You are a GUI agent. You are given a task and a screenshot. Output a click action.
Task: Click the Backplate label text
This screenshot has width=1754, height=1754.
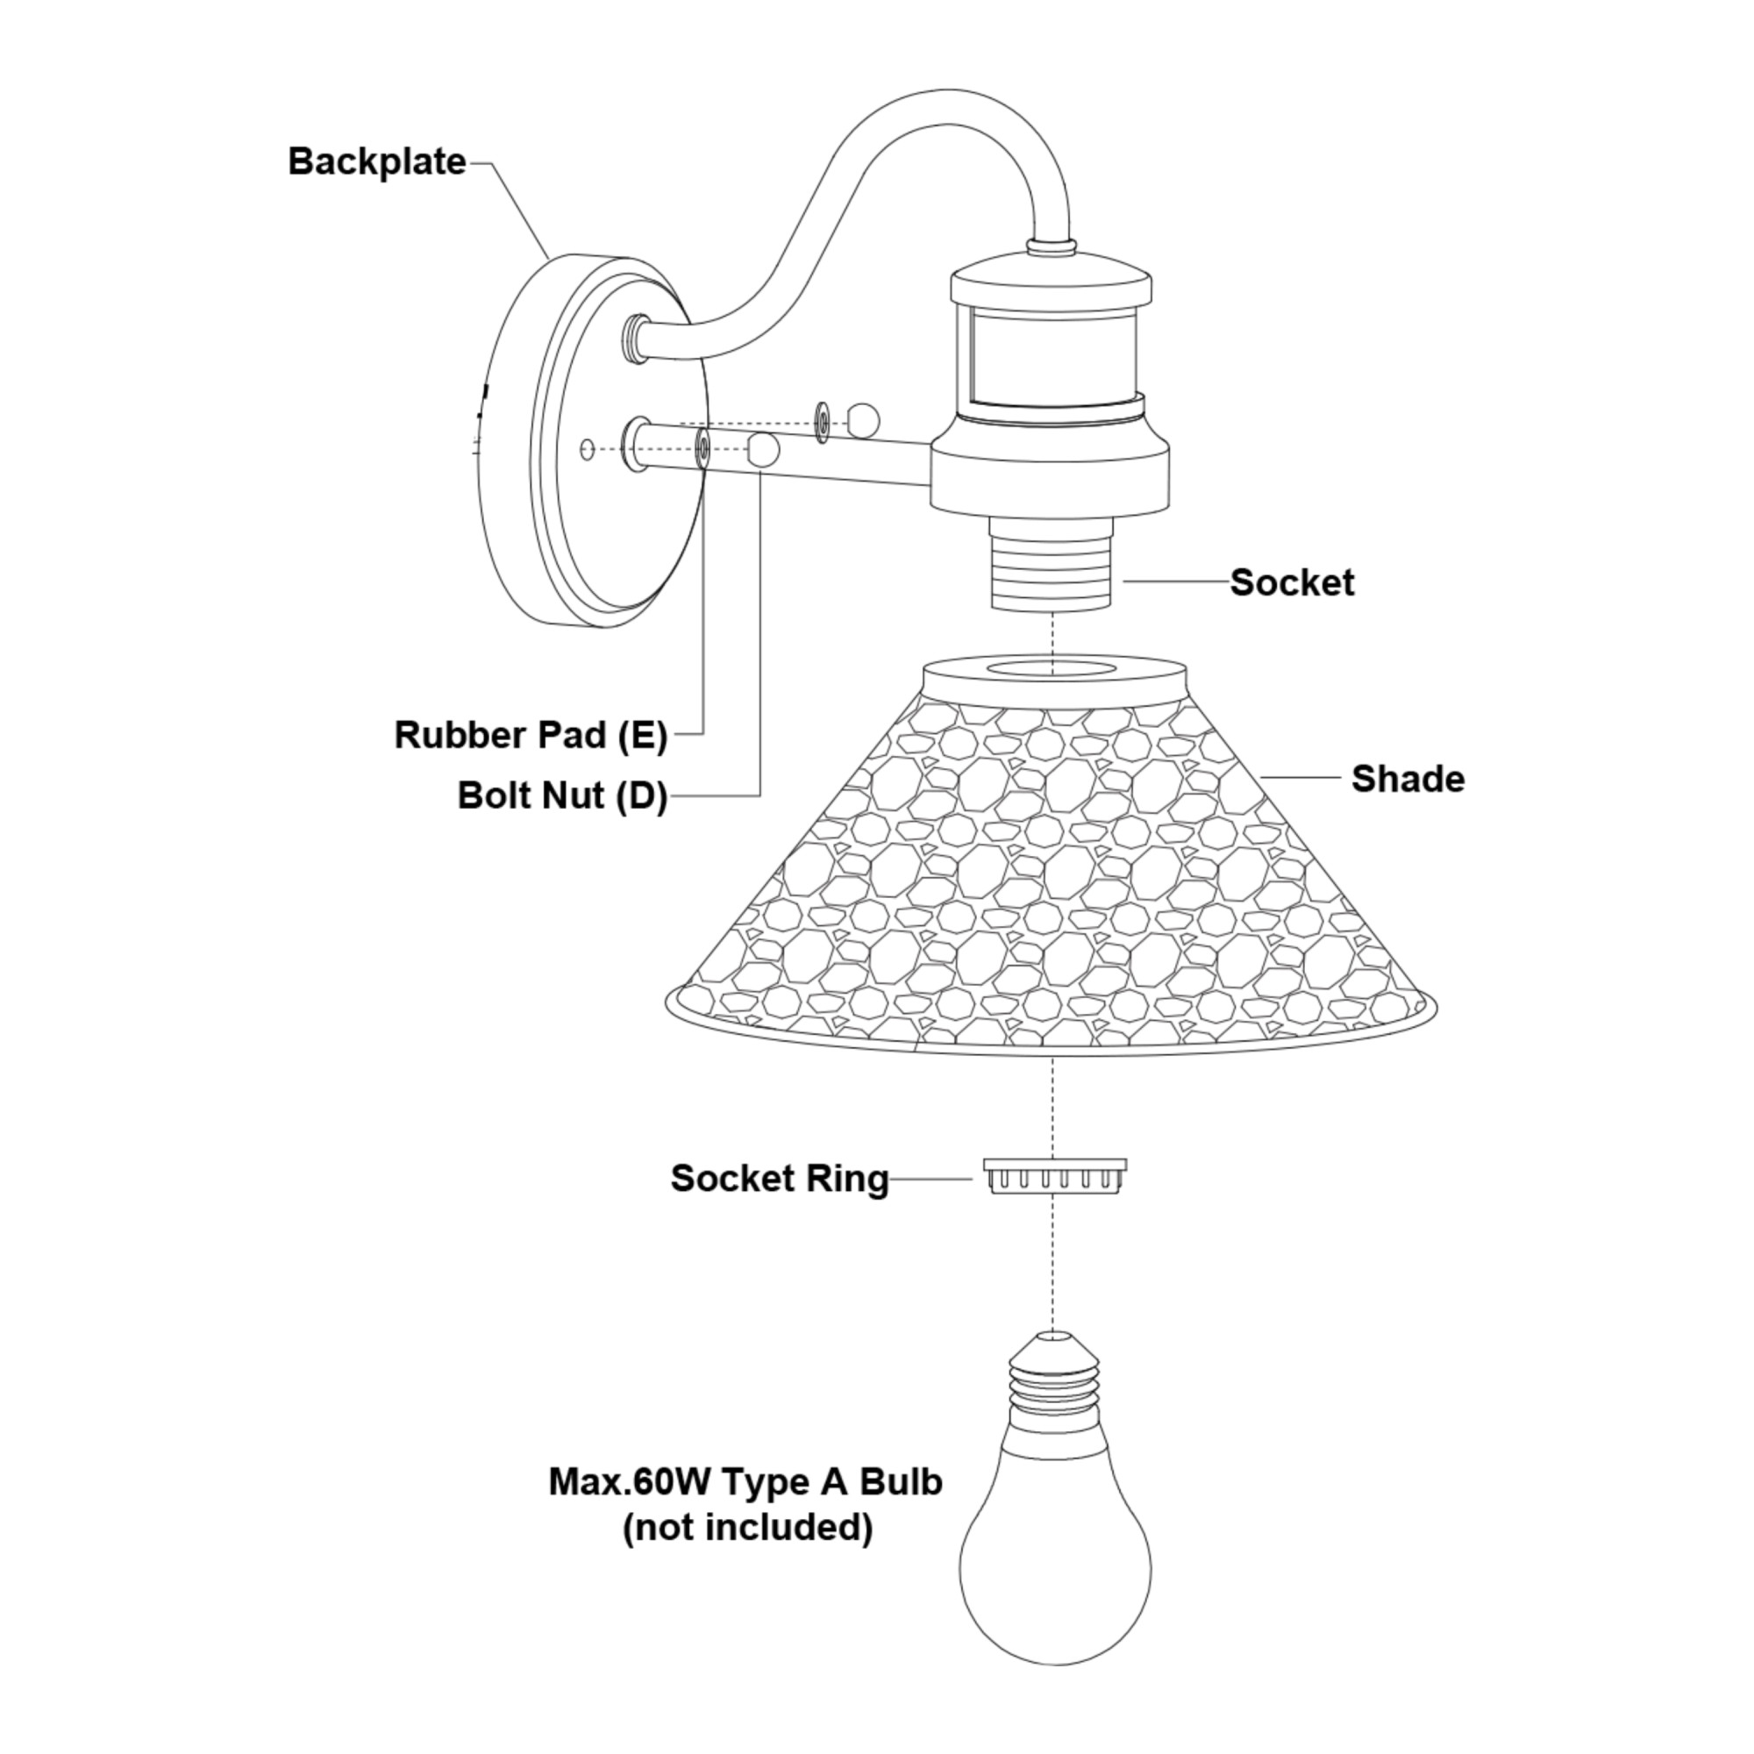pyautogui.click(x=377, y=161)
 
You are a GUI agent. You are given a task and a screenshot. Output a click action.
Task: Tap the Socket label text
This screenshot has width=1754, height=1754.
pyautogui.click(x=1291, y=582)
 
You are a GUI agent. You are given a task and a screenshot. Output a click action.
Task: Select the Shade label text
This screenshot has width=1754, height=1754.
pyautogui.click(x=1408, y=778)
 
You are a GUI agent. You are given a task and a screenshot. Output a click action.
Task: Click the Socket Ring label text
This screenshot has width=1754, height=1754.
pyautogui.click(x=779, y=1179)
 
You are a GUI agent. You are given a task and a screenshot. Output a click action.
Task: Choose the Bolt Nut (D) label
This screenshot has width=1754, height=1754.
pyautogui.click(x=562, y=795)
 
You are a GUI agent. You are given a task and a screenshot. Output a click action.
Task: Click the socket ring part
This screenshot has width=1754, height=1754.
pyautogui.click(x=1054, y=1177)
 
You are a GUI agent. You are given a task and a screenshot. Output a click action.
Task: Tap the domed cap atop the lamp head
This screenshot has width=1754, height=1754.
pyautogui.click(x=1052, y=277)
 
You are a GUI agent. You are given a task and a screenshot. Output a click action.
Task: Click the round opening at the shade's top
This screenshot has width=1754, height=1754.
pyautogui.click(x=1053, y=670)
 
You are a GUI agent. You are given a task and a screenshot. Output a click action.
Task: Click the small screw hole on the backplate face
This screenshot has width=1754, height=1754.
pyautogui.click(x=587, y=447)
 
